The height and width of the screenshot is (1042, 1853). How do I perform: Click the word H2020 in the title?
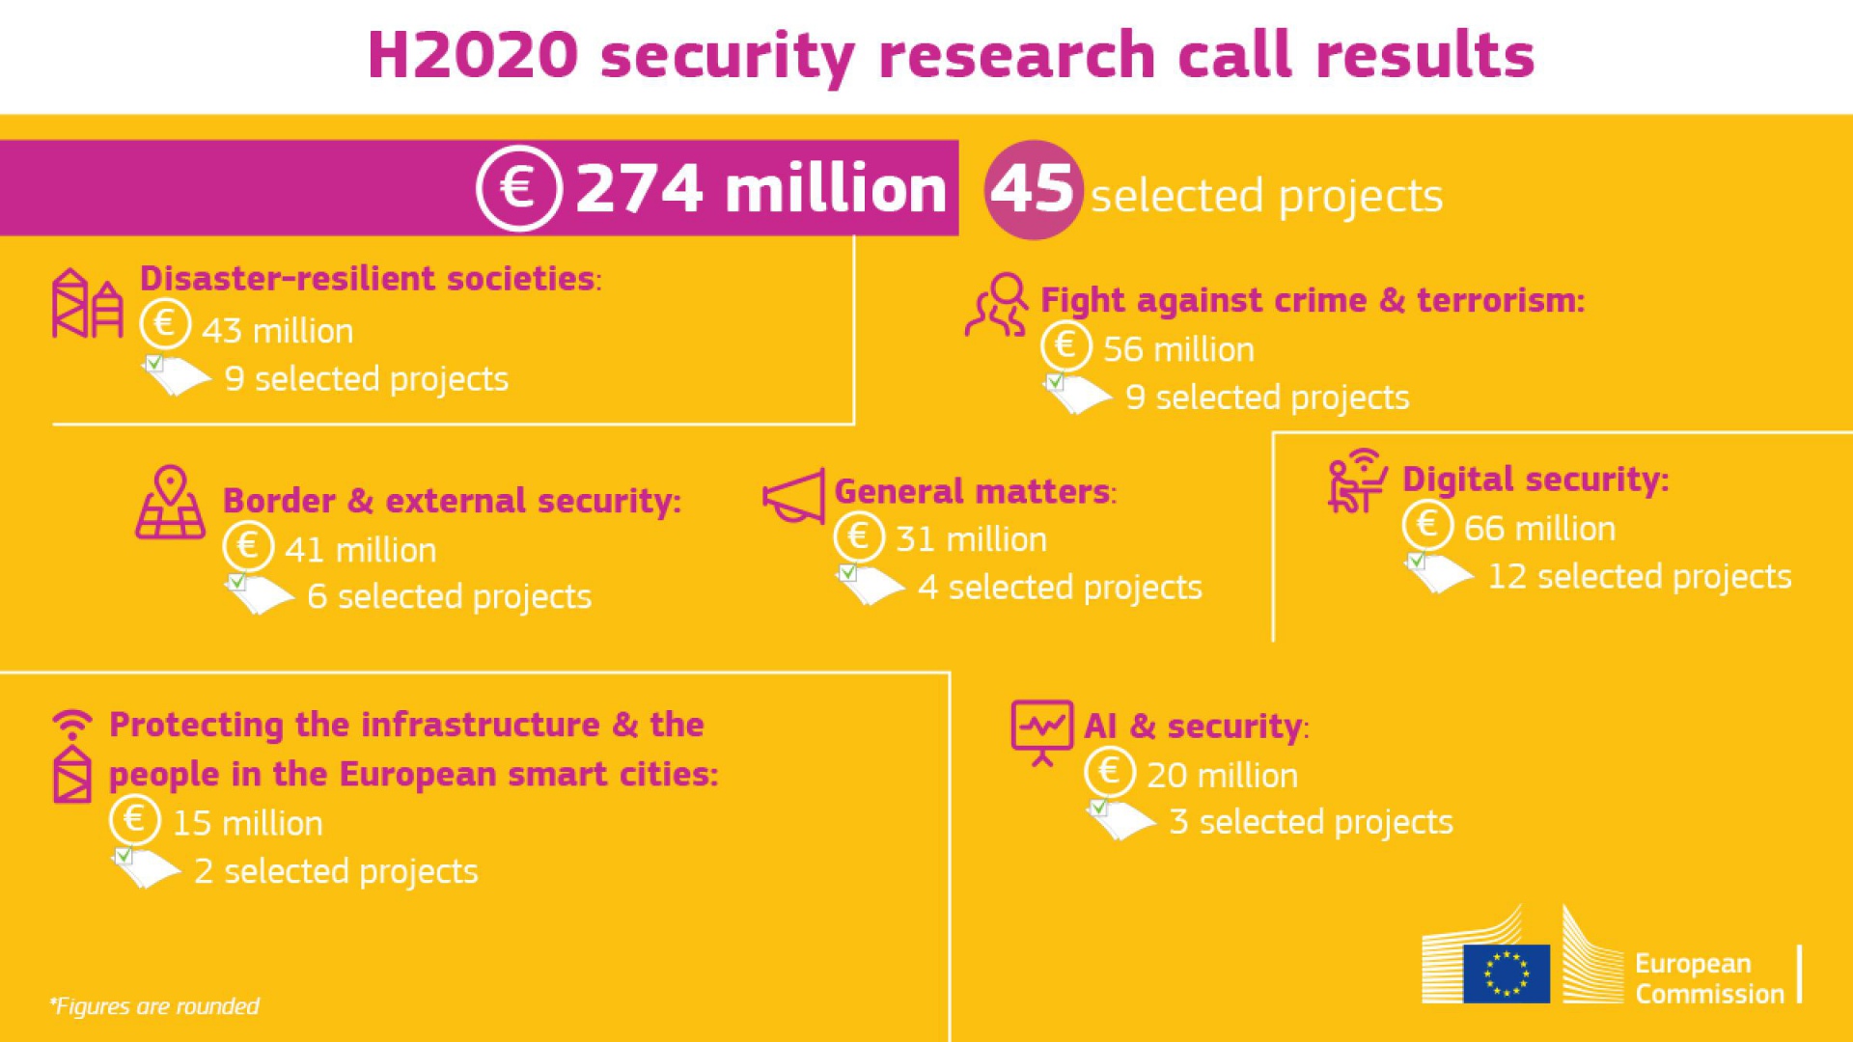click(x=473, y=55)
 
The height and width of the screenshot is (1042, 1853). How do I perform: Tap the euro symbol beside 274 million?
click(x=519, y=187)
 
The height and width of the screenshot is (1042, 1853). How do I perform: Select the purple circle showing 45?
click(x=1032, y=189)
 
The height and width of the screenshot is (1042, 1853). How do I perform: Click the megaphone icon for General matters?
click(x=794, y=496)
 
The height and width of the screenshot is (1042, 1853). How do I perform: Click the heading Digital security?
click(x=1535, y=480)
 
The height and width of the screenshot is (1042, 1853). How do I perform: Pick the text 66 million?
click(x=1538, y=529)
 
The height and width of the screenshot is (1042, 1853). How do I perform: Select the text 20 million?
click(x=1222, y=776)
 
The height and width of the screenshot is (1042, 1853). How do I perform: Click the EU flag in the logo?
click(x=1506, y=973)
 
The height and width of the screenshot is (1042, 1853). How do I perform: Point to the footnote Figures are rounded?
click(x=154, y=1006)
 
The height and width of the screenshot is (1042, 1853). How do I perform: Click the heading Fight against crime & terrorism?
click(x=1312, y=300)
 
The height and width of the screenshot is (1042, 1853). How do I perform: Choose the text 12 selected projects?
click(x=1639, y=577)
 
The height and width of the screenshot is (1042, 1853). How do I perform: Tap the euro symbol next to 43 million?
click(x=165, y=323)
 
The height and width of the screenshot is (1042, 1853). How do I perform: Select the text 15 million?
click(x=247, y=824)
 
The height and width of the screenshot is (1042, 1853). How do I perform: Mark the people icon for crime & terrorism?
click(x=997, y=305)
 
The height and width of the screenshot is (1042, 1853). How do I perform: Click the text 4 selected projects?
click(x=1060, y=588)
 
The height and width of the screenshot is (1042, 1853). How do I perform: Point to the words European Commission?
click(x=1708, y=978)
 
